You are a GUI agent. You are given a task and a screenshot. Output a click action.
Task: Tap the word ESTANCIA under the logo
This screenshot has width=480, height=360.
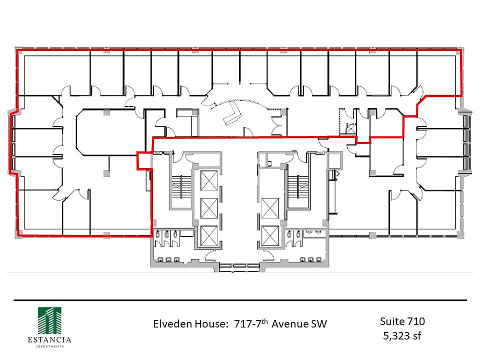49,340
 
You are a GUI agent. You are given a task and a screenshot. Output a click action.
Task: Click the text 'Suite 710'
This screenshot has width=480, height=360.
402,321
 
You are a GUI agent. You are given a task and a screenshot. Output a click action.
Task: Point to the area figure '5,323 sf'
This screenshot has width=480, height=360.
402,336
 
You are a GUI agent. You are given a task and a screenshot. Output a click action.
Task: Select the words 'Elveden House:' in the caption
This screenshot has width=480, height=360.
190,324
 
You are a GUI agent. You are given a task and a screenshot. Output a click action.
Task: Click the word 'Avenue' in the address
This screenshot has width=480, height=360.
290,324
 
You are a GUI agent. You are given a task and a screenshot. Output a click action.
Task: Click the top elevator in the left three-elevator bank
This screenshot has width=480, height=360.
209,180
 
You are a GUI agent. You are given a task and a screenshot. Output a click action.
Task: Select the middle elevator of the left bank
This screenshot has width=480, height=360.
209,208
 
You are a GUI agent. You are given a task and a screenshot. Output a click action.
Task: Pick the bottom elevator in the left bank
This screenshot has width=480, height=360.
209,235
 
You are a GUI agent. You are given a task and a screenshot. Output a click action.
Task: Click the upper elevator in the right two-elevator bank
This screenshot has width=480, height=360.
270,208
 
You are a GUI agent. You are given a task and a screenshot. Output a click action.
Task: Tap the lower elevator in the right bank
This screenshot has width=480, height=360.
270,235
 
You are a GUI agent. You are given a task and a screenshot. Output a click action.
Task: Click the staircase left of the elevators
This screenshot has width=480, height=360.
181,186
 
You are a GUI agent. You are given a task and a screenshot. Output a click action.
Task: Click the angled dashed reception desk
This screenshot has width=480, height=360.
232,114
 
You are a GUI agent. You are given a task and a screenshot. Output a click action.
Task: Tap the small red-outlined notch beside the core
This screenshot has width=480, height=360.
144,160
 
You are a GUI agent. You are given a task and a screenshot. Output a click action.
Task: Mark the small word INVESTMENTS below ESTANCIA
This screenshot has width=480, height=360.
50,346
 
